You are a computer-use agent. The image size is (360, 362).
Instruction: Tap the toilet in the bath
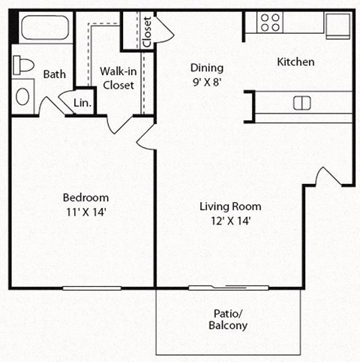click(x=24, y=65)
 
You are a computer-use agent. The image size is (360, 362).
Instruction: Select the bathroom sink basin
click(x=23, y=96)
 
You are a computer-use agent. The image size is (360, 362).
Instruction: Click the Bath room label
click(x=54, y=74)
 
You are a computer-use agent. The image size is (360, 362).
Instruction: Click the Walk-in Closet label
click(x=117, y=78)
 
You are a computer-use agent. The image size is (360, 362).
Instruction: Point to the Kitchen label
click(x=295, y=62)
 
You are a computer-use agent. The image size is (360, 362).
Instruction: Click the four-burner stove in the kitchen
click(x=270, y=23)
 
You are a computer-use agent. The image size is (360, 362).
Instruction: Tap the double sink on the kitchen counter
click(x=302, y=102)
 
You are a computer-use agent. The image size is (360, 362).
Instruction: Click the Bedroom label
click(x=85, y=198)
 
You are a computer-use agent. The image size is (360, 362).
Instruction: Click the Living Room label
click(x=230, y=206)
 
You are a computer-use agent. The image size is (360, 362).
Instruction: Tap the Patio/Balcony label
click(x=228, y=320)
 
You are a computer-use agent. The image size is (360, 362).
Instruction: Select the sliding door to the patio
click(x=229, y=288)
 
